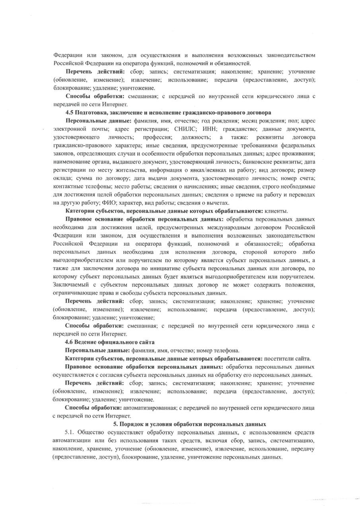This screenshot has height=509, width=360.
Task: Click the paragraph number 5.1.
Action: click(x=70, y=432)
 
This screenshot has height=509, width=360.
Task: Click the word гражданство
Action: click(x=237, y=129)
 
